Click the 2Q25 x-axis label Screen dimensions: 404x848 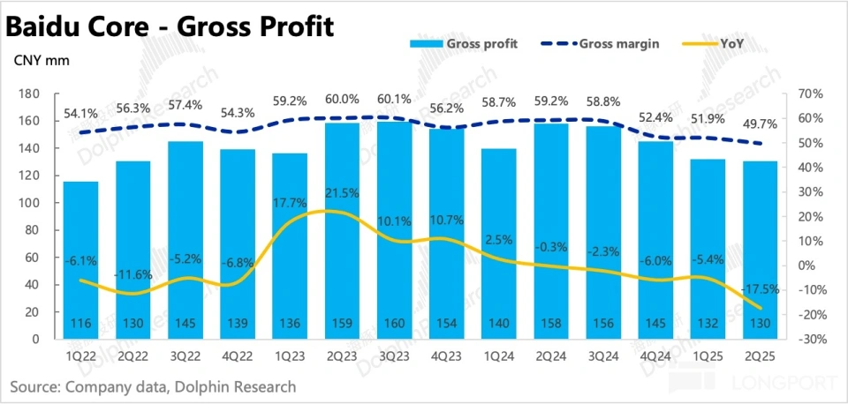[x=760, y=357]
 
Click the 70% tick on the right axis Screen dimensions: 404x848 [x=811, y=94]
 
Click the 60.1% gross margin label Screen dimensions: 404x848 [x=394, y=100]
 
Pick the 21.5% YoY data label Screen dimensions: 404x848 [x=342, y=192]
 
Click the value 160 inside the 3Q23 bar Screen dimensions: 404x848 [x=395, y=325]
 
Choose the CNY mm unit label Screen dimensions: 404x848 [x=41, y=61]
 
